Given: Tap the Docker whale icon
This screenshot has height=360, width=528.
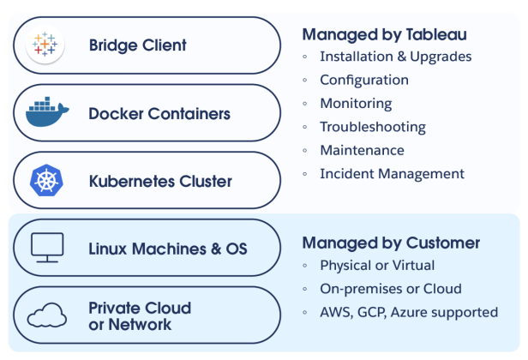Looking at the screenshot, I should pyautogui.click(x=46, y=113).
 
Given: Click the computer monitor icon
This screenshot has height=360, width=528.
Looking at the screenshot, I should pyautogui.click(x=46, y=248).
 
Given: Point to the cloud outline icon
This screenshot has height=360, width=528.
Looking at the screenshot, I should pyautogui.click(x=46, y=316).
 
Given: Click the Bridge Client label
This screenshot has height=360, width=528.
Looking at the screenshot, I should pyautogui.click(x=137, y=45).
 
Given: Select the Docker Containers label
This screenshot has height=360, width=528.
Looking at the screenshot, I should pyautogui.click(x=159, y=113).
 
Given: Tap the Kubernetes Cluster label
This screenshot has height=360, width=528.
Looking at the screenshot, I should pyautogui.click(x=160, y=181).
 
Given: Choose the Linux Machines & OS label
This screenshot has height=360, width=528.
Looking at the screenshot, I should pyautogui.click(x=168, y=249).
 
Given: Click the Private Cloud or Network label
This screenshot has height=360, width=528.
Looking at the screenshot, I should pyautogui.click(x=140, y=316).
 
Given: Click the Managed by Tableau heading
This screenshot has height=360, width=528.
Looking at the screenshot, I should pyautogui.click(x=384, y=34).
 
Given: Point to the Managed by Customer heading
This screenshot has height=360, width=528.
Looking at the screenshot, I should pyautogui.click(x=391, y=243).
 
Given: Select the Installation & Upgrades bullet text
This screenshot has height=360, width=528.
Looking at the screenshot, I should pyautogui.click(x=395, y=57).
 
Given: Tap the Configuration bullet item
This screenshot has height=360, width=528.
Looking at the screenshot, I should pyautogui.click(x=364, y=81).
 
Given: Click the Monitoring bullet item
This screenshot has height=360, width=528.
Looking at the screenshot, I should pyautogui.click(x=356, y=104).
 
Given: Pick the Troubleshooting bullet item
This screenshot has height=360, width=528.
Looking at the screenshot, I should pyautogui.click(x=373, y=127).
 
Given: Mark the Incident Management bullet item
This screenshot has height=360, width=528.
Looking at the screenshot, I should pyautogui.click(x=392, y=173).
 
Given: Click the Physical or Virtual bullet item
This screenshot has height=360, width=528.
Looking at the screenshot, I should pyautogui.click(x=377, y=266).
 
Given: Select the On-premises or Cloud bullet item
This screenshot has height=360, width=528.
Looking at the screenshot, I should pyautogui.click(x=390, y=289).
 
